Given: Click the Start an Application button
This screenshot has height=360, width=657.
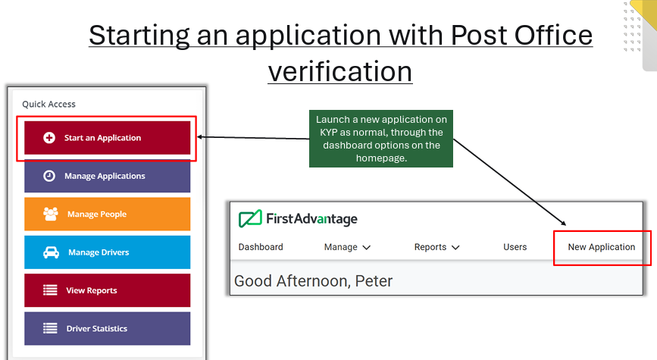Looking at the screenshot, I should point(107,138).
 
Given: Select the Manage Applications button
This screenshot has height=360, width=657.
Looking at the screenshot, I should point(107,176).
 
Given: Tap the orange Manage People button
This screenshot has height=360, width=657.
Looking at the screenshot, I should point(107,214).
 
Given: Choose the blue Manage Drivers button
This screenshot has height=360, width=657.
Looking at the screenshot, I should point(107,252).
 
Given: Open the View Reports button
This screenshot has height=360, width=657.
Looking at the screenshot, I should point(107,290).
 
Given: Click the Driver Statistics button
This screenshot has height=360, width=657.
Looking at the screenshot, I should point(107,328).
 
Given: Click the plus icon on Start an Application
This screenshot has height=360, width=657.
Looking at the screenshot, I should point(49,138).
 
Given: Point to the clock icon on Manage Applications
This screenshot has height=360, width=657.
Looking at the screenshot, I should point(49,176).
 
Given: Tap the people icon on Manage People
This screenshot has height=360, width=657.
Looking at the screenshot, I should point(51,214).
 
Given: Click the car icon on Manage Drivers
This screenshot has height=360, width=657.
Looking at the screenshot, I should point(51,252).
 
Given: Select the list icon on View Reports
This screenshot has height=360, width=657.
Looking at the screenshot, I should point(50,290).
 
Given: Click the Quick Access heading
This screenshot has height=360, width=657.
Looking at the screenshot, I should point(48,104).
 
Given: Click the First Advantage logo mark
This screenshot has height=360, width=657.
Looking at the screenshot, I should point(249,219).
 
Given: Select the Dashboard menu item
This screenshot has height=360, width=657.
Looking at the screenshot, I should point(261,247).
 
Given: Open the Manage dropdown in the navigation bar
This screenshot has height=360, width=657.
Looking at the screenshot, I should point(347,247).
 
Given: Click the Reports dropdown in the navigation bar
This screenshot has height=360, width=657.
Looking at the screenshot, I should point(436,247).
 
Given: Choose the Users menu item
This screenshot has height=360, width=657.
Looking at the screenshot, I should point(515,247).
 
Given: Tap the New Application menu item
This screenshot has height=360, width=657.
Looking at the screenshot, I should point(601,247).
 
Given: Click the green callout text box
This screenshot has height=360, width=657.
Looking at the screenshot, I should point(382,139).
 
